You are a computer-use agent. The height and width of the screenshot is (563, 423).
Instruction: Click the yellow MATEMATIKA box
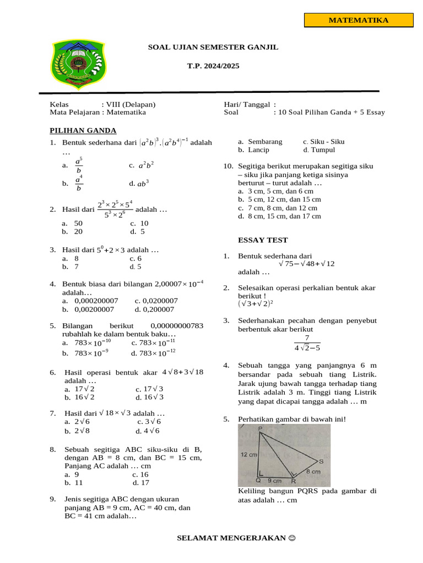[359, 20]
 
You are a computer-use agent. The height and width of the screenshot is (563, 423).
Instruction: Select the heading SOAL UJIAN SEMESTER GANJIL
[213, 47]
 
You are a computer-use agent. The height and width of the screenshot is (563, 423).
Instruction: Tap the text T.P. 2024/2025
[213, 66]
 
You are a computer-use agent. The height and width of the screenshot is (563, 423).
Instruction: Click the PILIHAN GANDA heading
[83, 130]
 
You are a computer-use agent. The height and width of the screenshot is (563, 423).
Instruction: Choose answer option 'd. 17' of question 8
[140, 483]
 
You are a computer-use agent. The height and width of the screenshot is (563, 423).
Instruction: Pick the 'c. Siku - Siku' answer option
[323, 141]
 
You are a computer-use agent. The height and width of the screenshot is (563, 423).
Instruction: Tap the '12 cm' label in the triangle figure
[249, 455]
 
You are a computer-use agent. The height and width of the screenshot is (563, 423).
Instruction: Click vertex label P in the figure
[260, 428]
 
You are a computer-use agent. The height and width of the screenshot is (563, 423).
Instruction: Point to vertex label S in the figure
[321, 461]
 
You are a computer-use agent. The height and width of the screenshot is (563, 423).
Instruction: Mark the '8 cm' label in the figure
[313, 472]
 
